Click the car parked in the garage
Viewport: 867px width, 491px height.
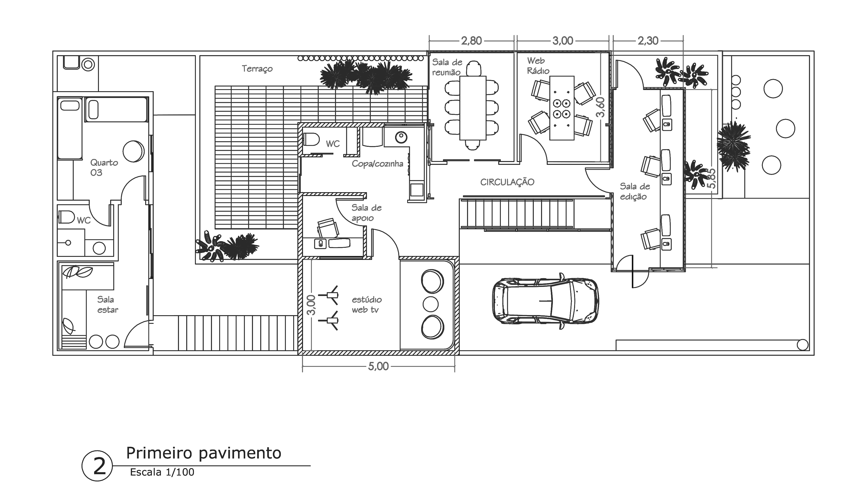(x=545, y=301)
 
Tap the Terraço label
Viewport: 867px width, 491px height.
(x=257, y=69)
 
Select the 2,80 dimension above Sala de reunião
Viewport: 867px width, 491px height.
(x=471, y=41)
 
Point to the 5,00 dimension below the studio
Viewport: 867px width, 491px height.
(x=378, y=366)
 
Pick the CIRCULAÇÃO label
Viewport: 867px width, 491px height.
(x=507, y=182)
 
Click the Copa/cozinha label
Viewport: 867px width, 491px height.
(x=377, y=164)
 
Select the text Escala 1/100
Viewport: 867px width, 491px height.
(x=162, y=472)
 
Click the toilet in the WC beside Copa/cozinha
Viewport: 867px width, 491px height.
(x=312, y=139)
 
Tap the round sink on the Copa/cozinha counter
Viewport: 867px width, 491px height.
(x=401, y=137)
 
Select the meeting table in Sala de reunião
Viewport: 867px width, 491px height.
(x=473, y=108)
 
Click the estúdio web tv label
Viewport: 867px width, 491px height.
(x=366, y=304)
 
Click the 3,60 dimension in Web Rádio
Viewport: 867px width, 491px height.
(x=600, y=107)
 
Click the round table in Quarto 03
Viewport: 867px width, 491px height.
(x=133, y=151)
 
